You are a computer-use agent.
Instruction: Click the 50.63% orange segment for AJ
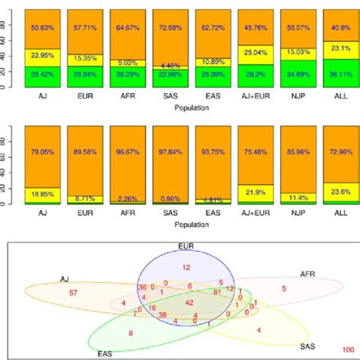(x=39, y=28)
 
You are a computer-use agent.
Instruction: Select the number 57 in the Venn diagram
(x=73, y=292)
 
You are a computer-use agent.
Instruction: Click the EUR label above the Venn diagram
(x=186, y=247)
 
